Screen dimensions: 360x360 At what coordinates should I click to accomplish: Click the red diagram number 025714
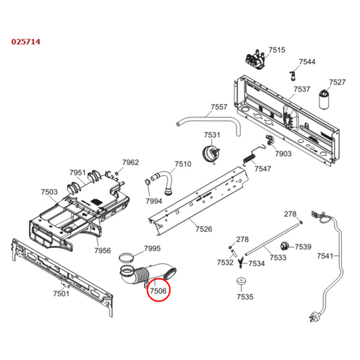click(26, 42)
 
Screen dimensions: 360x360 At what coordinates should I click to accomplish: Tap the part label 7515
click(277, 50)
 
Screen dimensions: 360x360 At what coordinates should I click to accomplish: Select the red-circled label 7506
click(159, 290)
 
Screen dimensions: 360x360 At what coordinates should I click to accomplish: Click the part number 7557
click(219, 107)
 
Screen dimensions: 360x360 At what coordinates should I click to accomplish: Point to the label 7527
click(337, 82)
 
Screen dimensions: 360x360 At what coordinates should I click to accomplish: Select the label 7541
click(326, 256)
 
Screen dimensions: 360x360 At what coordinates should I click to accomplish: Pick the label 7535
click(245, 297)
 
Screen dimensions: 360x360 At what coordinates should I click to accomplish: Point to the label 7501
click(61, 294)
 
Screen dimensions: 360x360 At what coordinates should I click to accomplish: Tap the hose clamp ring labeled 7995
click(125, 257)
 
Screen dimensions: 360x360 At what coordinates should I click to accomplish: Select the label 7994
click(154, 201)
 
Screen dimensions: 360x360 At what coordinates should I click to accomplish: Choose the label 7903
click(283, 155)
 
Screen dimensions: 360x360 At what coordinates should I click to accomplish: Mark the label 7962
click(130, 163)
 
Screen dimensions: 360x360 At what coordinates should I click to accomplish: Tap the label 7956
click(102, 251)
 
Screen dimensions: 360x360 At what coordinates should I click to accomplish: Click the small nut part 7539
click(284, 246)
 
